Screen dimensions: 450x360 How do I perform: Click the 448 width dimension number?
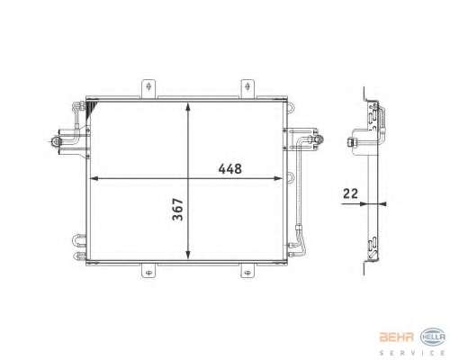coord(229,169)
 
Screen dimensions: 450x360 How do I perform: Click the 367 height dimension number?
coord(178,210)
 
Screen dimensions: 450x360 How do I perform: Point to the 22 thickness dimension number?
coord(350,193)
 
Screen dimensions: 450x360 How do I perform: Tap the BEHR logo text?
coord(397,337)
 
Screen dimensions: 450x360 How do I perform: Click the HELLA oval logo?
coord(433,337)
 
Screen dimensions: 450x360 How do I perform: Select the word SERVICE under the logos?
coord(412,353)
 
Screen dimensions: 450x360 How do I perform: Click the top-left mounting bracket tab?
coord(148,88)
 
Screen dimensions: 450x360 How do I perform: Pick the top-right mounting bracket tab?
coord(247,88)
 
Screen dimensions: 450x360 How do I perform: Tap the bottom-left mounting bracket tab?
coord(148,271)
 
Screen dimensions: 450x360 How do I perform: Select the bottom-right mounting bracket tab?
coord(247,271)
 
